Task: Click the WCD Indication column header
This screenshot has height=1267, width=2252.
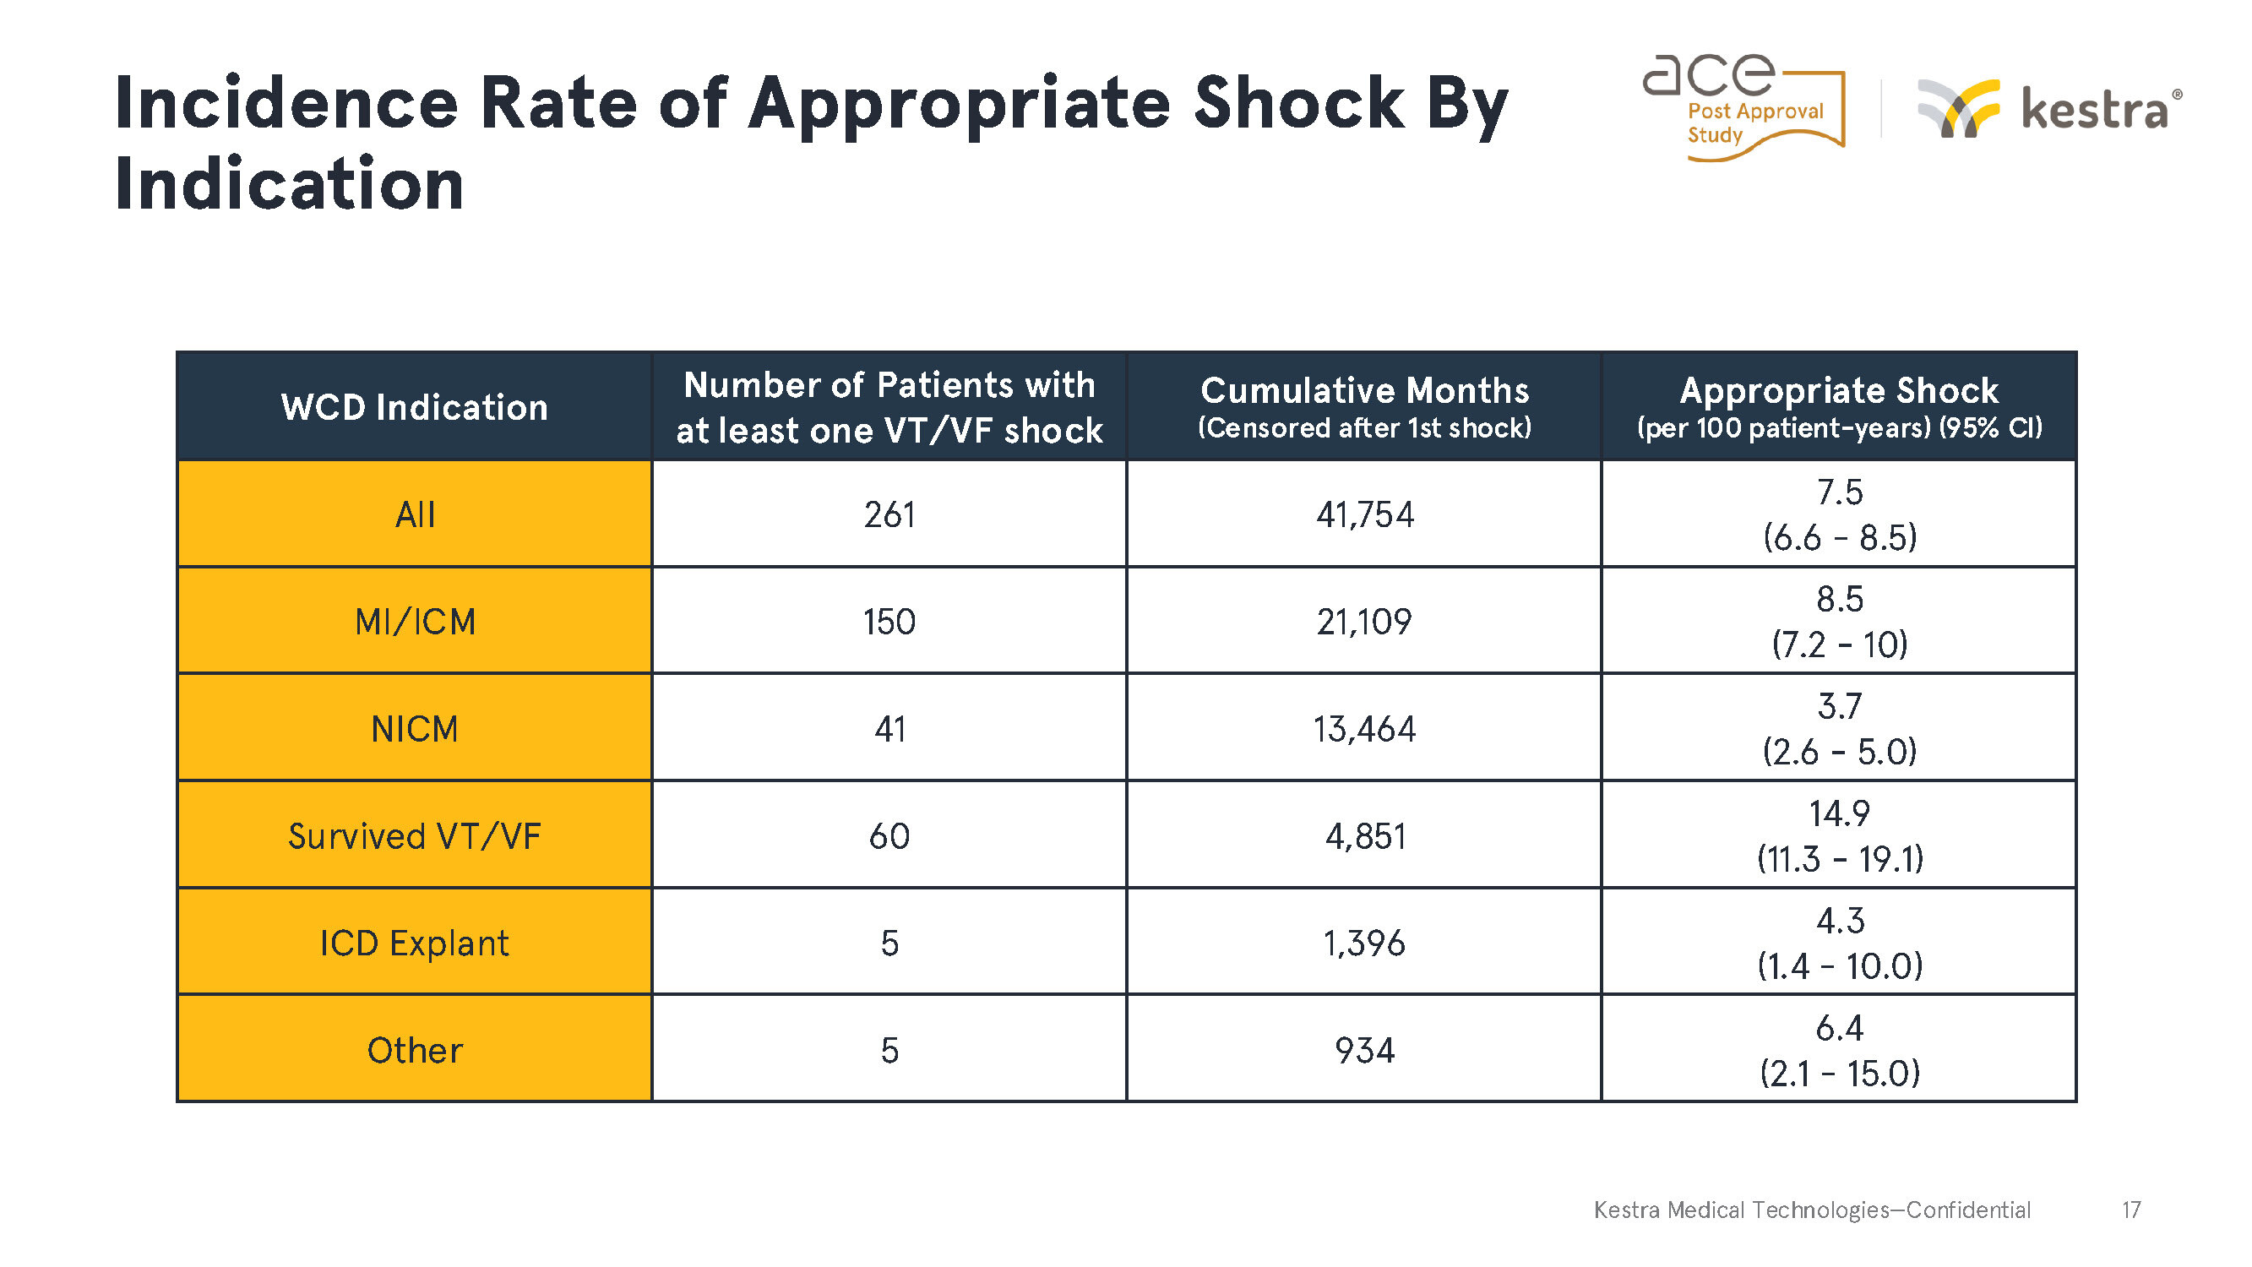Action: tap(415, 407)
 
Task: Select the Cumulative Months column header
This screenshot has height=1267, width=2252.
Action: tap(1365, 406)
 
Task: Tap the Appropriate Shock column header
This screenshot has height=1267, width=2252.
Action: tap(1840, 406)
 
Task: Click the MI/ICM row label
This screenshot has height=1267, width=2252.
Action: tap(416, 622)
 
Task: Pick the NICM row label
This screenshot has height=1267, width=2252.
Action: tap(415, 729)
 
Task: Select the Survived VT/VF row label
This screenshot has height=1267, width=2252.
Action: tap(415, 837)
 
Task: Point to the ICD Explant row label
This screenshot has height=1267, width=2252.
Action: tap(415, 943)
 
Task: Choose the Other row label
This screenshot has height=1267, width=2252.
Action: tap(415, 1050)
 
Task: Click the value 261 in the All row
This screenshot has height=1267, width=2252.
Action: tap(889, 515)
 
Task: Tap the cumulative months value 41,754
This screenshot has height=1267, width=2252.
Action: tap(1365, 515)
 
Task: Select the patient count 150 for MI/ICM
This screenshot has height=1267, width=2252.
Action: tap(889, 622)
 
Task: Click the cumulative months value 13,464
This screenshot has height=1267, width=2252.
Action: tap(1365, 729)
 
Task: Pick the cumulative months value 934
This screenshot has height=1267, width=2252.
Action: tap(1365, 1050)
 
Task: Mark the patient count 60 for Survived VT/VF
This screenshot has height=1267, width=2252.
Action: tap(889, 837)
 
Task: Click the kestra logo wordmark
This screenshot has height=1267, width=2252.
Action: tap(2097, 110)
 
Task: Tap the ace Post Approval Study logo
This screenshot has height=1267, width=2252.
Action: tap(1744, 107)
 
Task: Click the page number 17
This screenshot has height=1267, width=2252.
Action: tap(2131, 1210)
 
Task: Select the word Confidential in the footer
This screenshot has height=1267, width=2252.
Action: tap(1968, 1210)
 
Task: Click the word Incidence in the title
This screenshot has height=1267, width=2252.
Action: tap(286, 103)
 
